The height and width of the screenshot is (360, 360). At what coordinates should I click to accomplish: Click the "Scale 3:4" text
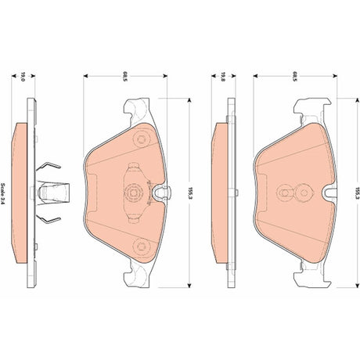click(3, 193)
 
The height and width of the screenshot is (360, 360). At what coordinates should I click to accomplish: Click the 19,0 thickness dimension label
click(23, 77)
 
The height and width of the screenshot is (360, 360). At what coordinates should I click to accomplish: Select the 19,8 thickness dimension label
click(222, 77)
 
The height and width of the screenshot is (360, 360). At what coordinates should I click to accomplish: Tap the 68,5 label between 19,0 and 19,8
click(125, 76)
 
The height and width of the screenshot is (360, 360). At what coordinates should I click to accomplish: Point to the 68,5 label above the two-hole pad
click(295, 76)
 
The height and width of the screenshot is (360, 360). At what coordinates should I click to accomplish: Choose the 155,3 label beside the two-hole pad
click(358, 193)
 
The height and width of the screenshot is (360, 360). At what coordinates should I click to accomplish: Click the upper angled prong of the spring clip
click(49, 166)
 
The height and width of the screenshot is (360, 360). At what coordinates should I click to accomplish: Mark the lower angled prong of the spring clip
click(49, 219)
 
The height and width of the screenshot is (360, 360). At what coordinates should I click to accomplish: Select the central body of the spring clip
click(53, 193)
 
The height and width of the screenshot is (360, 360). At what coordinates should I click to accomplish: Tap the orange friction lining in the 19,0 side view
click(20, 193)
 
